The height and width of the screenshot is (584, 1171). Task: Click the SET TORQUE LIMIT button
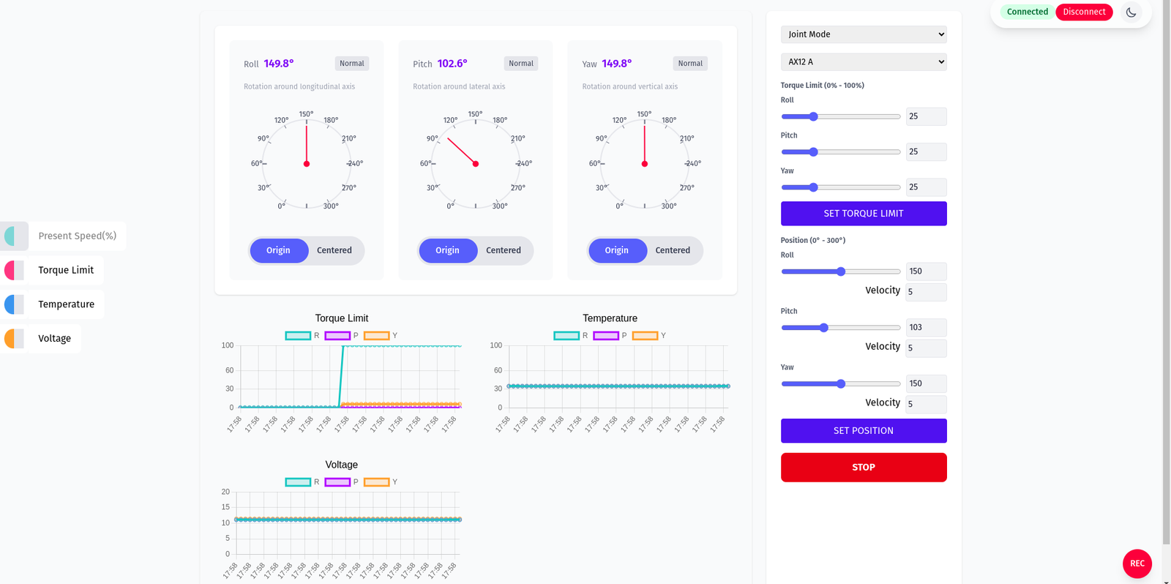pyautogui.click(x=863, y=214)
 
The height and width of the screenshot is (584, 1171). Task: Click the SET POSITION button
pyautogui.click(x=863, y=431)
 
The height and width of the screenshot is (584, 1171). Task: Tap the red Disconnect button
pyautogui.click(x=1083, y=12)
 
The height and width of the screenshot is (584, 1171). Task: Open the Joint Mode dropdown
pyautogui.click(x=863, y=34)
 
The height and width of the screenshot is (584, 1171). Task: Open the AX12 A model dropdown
pyautogui.click(x=863, y=62)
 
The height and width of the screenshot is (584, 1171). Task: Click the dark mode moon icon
pyautogui.click(x=1131, y=12)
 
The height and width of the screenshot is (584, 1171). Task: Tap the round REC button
pyautogui.click(x=1137, y=564)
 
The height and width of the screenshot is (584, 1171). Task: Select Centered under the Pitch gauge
pyautogui.click(x=503, y=250)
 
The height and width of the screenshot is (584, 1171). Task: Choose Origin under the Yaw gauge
pyautogui.click(x=616, y=250)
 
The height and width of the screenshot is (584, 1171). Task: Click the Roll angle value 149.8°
pyautogui.click(x=278, y=64)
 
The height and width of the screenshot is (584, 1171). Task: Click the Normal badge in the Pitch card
pyautogui.click(x=520, y=64)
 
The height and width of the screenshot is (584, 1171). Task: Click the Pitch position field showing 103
pyautogui.click(x=925, y=327)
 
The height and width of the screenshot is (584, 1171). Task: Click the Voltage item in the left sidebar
pyautogui.click(x=54, y=339)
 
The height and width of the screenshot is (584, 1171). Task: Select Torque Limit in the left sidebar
pyautogui.click(x=65, y=270)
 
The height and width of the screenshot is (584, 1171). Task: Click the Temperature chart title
pyautogui.click(x=610, y=318)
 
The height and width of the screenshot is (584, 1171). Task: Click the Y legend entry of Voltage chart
pyautogui.click(x=381, y=482)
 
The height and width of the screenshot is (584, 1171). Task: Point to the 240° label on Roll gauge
pyautogui.click(x=356, y=163)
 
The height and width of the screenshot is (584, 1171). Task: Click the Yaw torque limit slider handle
pyautogui.click(x=813, y=187)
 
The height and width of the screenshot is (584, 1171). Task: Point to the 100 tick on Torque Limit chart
pyautogui.click(x=228, y=345)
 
